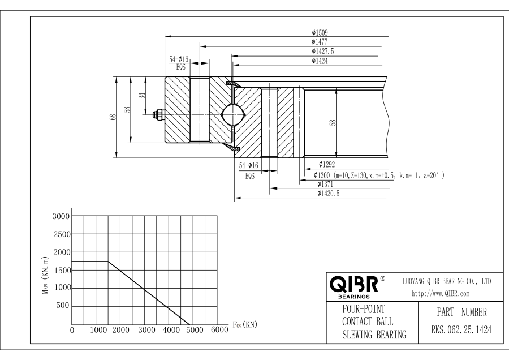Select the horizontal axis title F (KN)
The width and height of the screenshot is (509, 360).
pos(244,325)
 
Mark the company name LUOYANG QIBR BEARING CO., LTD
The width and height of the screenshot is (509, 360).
pos(446,281)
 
